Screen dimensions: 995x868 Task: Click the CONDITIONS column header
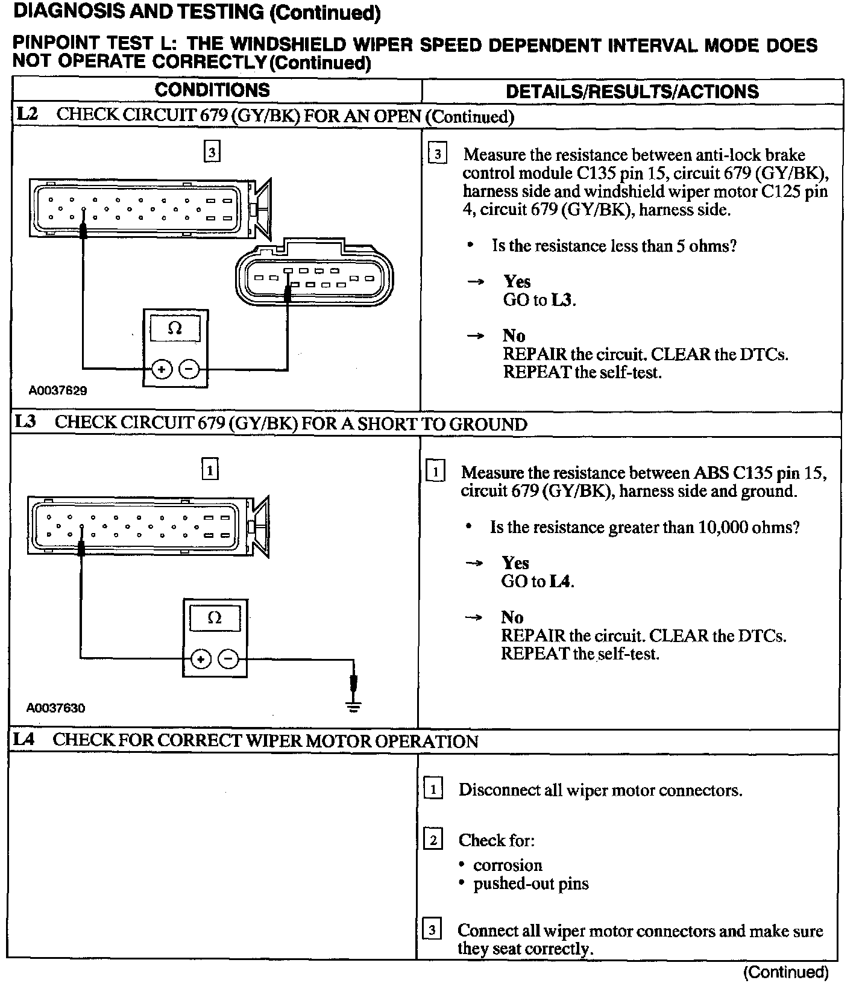coord(212,90)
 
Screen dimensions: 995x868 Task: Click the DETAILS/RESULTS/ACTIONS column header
coord(632,92)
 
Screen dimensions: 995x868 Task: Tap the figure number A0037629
coord(58,390)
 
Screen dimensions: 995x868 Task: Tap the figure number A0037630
coord(55,708)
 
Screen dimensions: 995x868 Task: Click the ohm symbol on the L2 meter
coord(175,328)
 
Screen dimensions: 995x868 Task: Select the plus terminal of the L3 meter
coord(200,660)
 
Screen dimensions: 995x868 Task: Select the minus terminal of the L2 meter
coord(190,368)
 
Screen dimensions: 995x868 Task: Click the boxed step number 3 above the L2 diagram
coord(212,152)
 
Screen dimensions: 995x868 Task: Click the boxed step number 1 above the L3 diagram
coord(209,469)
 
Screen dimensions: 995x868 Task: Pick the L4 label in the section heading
coord(24,740)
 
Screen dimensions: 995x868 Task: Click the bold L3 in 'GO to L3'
coord(561,300)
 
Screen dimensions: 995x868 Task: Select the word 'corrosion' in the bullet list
coord(508,866)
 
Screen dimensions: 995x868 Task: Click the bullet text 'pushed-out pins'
coord(530,884)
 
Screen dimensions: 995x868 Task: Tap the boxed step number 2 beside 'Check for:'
coord(433,839)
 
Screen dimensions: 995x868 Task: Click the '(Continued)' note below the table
coord(785,972)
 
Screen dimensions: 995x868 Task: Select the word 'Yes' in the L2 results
coord(517,282)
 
